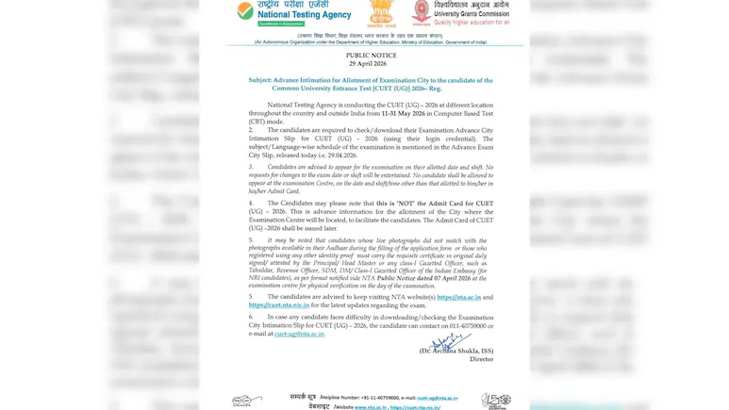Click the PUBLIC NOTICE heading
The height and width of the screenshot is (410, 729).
tap(372, 56)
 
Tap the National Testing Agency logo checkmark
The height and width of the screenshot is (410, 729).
tap(245, 11)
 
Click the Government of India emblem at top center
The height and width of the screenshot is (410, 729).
tap(381, 13)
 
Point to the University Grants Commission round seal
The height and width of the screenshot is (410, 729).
tap(421, 11)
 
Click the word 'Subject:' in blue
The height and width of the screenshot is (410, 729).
tap(260, 81)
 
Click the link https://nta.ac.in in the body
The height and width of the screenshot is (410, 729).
tap(458, 297)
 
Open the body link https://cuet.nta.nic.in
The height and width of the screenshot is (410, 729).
tap(279, 305)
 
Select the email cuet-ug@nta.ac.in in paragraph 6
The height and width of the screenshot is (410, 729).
tap(299, 334)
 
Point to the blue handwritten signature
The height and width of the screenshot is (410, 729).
tap(450, 341)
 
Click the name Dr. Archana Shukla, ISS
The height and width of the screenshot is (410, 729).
tap(456, 351)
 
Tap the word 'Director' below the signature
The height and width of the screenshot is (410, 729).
tap(481, 359)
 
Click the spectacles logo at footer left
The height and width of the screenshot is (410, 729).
tap(247, 401)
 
